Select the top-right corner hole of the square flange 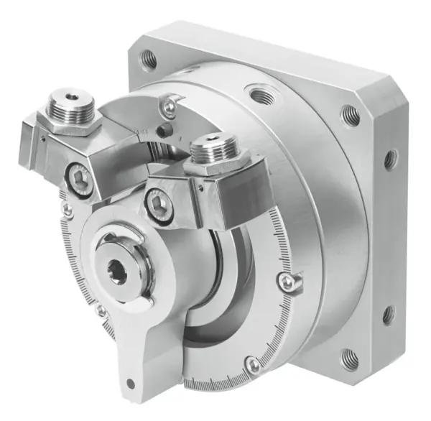(350, 113)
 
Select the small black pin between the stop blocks (167, 131)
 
